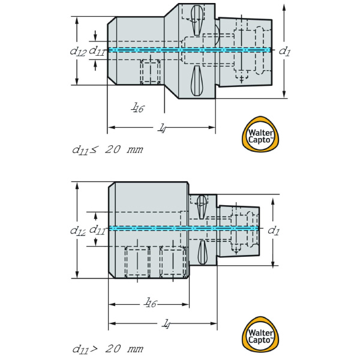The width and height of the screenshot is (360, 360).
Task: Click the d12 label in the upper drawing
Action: pos(77,52)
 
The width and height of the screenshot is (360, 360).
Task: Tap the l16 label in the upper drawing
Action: pos(138,107)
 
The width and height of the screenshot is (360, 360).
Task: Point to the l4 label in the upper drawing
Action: pos(162,128)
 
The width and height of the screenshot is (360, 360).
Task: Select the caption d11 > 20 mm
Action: pos(107,349)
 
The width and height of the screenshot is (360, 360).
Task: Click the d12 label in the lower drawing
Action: pos(77,230)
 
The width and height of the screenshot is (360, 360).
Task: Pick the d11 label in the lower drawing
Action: pos(97,230)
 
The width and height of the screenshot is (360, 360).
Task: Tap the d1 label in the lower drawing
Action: pos(273,230)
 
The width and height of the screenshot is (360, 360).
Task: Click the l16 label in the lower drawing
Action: pos(150,304)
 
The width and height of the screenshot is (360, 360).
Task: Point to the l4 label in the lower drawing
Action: pos(166,324)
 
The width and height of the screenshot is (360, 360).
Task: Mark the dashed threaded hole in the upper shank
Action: pos(150,73)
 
